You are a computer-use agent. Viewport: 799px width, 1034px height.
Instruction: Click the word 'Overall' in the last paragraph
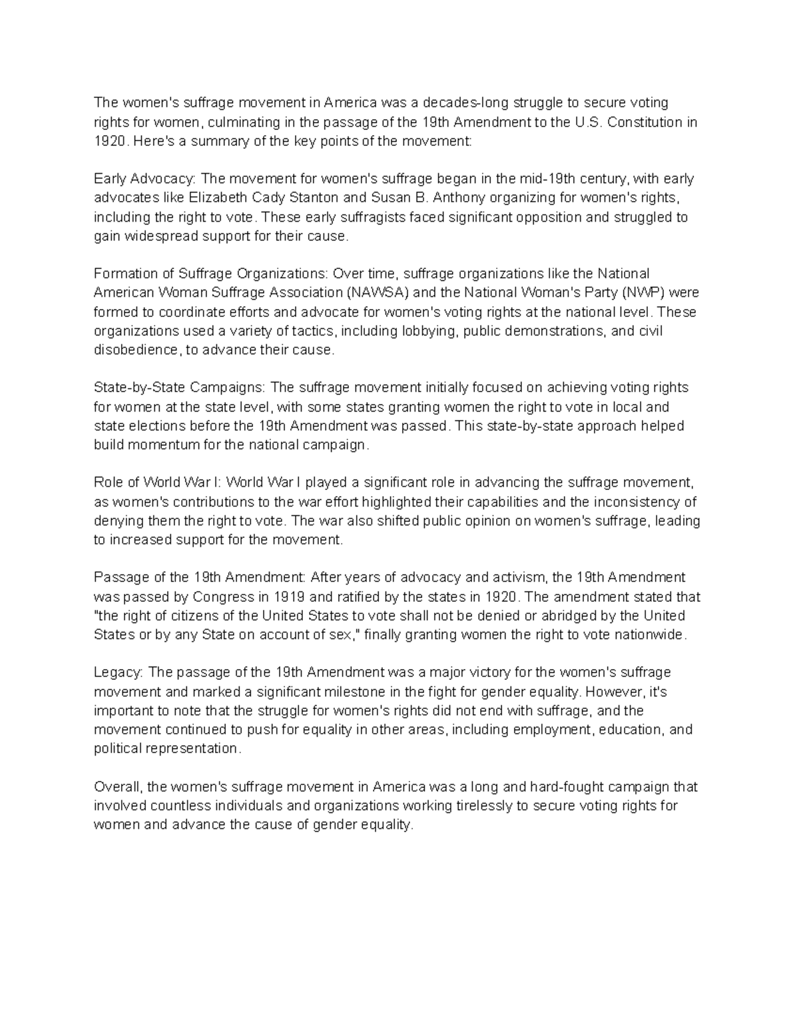pos(117,787)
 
